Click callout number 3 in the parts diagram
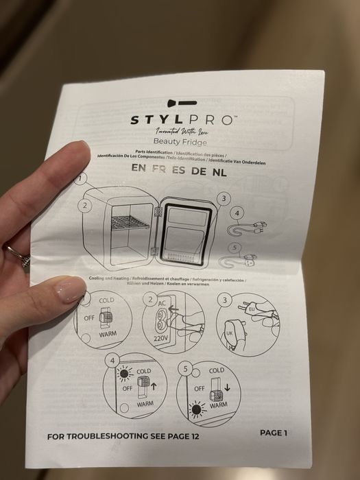[223, 199]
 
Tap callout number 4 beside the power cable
[237, 214]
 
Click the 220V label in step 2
[160, 339]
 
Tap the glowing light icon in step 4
[123, 372]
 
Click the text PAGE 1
[274, 433]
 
